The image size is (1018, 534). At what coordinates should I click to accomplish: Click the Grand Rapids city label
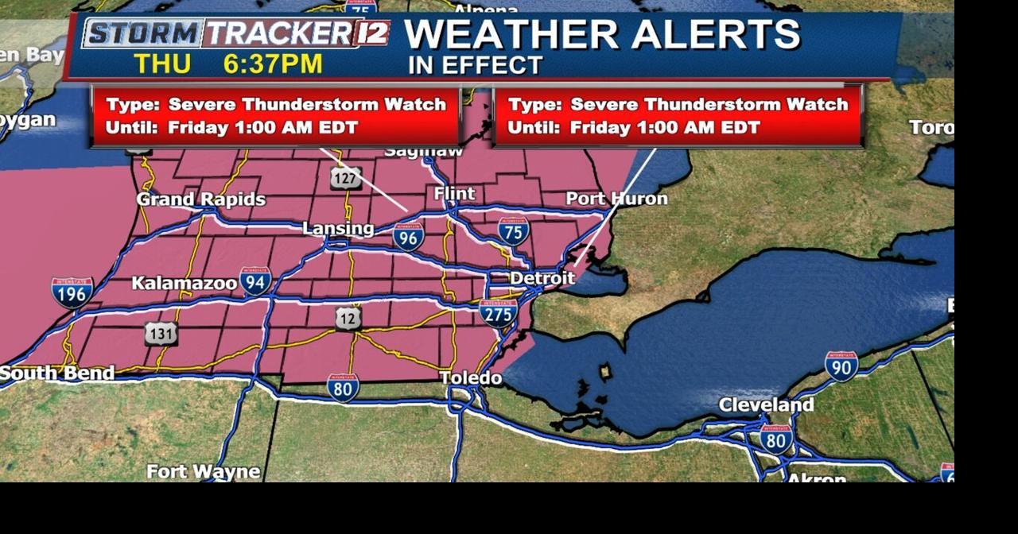pyautogui.click(x=200, y=199)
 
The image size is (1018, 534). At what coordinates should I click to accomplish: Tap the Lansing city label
pyautogui.click(x=338, y=229)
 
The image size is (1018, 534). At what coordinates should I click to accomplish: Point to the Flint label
pyautogui.click(x=455, y=194)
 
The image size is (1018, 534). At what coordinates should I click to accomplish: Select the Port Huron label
pyautogui.click(x=616, y=198)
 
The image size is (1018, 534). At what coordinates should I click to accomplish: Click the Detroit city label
pyautogui.click(x=542, y=278)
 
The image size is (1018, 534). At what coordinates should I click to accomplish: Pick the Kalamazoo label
pyautogui.click(x=184, y=283)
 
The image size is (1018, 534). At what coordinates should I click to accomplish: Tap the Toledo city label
pyautogui.click(x=471, y=377)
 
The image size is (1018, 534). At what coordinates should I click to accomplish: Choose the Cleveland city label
pyautogui.click(x=766, y=405)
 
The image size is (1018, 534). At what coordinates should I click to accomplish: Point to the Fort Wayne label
pyautogui.click(x=203, y=472)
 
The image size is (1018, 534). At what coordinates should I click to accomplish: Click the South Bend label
pyautogui.click(x=57, y=373)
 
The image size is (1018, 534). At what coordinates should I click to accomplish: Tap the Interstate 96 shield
pyautogui.click(x=408, y=237)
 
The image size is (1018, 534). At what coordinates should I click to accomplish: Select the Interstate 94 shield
pyautogui.click(x=255, y=281)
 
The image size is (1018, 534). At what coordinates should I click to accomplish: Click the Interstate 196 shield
pyautogui.click(x=72, y=292)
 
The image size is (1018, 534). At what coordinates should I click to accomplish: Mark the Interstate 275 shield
pyautogui.click(x=498, y=312)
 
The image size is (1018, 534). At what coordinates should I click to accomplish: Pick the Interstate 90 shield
pyautogui.click(x=841, y=366)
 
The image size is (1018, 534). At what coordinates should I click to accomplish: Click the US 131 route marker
pyautogui.click(x=161, y=334)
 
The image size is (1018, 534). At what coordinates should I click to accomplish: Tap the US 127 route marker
pyautogui.click(x=346, y=178)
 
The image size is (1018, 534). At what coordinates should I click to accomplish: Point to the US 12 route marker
pyautogui.click(x=348, y=318)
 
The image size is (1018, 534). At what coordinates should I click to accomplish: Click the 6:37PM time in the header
pyautogui.click(x=273, y=64)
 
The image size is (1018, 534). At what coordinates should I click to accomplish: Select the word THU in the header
pyautogui.click(x=162, y=64)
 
